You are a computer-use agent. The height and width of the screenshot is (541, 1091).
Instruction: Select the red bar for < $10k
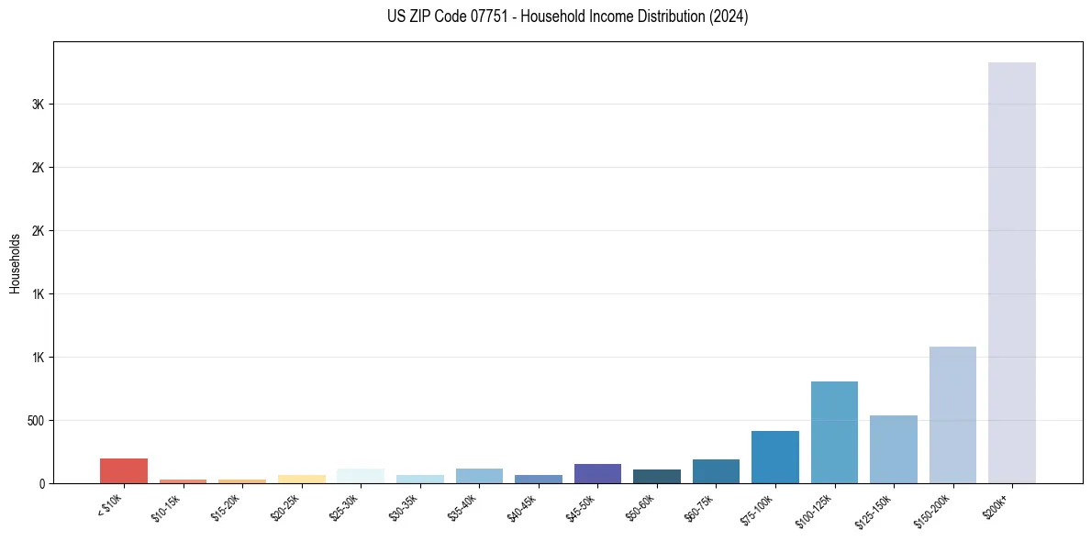[x=124, y=470]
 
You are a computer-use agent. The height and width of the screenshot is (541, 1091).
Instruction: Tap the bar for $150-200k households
[x=952, y=414]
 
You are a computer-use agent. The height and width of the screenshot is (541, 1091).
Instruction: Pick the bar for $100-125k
[x=834, y=432]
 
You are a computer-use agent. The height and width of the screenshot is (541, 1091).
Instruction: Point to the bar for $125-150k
[x=893, y=449]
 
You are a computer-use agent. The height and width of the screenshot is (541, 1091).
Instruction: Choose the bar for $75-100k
[x=774, y=457]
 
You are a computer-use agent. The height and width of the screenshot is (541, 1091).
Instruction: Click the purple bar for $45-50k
[x=597, y=473]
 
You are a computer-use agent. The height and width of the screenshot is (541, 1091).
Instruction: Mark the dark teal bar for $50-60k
[x=656, y=476]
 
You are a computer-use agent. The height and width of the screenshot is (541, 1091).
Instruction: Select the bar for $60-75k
[x=716, y=471]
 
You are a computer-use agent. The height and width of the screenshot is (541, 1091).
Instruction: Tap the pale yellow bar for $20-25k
[x=301, y=479]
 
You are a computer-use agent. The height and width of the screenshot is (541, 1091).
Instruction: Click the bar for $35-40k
[x=479, y=476]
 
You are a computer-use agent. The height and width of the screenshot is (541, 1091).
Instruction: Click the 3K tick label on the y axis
[x=38, y=105]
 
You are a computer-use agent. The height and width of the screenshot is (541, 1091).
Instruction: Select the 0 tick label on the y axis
[x=41, y=483]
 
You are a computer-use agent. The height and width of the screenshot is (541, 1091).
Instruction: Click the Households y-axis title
[x=15, y=262]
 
